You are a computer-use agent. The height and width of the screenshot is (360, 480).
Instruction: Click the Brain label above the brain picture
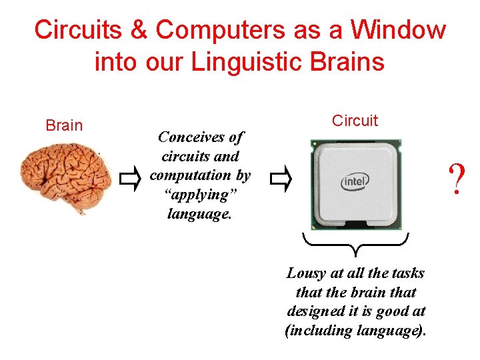click(64, 125)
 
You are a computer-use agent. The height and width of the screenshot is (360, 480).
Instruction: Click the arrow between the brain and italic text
click(131, 178)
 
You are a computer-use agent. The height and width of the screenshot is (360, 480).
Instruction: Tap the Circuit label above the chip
click(355, 121)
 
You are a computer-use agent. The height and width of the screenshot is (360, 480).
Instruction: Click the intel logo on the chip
click(356, 181)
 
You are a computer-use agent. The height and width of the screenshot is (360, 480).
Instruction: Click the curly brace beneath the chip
click(355, 244)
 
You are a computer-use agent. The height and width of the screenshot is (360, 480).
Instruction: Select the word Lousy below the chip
click(305, 273)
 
